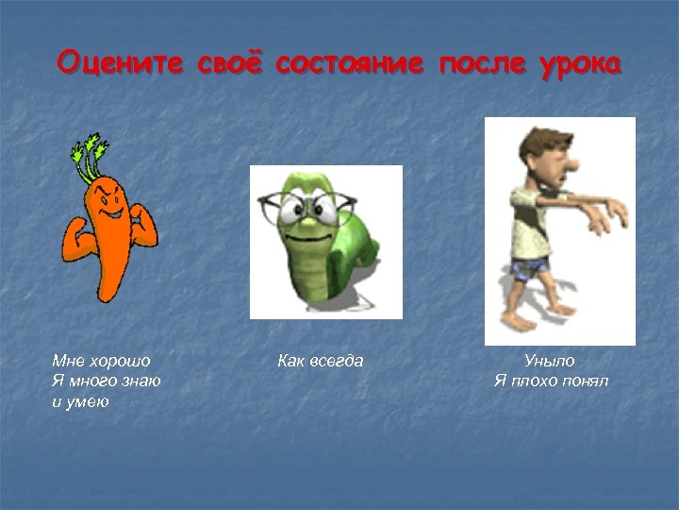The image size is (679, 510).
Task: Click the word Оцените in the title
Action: [121, 63]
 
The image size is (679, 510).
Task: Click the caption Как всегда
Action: [320, 361]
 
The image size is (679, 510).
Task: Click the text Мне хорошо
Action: [101, 361]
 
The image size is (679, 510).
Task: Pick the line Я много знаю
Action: [106, 382]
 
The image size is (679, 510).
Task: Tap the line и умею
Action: [80, 402]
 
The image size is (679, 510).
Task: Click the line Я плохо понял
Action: [551, 382]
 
